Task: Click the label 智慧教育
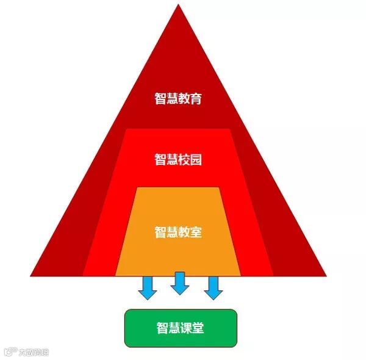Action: click(x=178, y=99)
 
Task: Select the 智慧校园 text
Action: click(x=178, y=160)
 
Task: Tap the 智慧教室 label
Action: click(x=178, y=232)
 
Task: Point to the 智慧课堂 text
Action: click(x=179, y=328)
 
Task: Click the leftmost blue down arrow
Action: click(x=148, y=288)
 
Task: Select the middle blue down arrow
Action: click(x=179, y=283)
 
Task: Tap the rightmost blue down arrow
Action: click(x=212, y=288)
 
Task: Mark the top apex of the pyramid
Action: click(x=179, y=5)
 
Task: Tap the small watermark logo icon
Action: click(x=9, y=352)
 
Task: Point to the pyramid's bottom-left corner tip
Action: click(x=31, y=275)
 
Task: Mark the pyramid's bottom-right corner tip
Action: click(x=326, y=275)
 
